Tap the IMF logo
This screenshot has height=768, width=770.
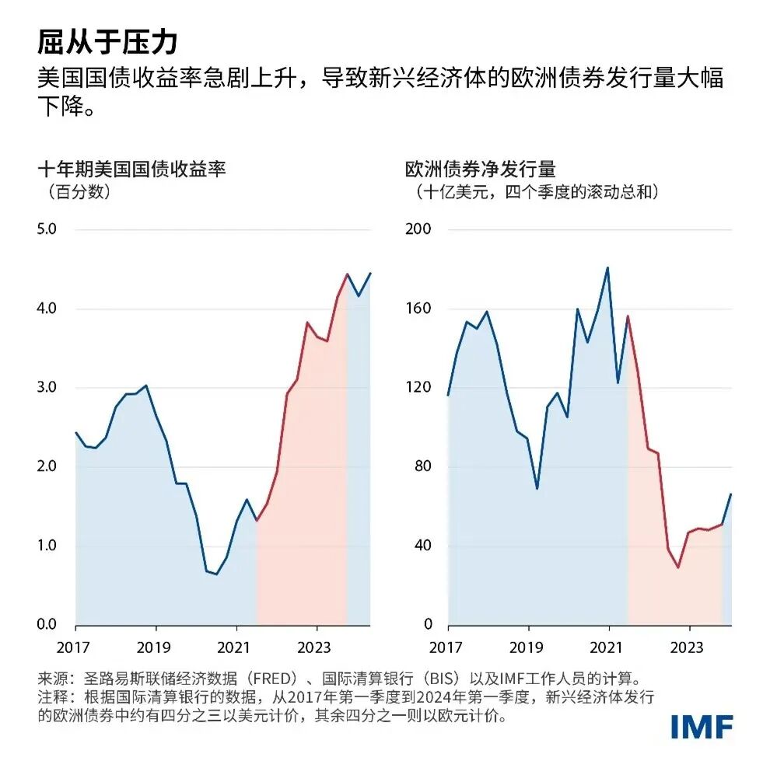(702, 725)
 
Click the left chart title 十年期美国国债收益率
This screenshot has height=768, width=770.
(131, 168)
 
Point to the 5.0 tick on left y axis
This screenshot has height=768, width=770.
(47, 229)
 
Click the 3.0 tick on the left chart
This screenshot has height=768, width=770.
(47, 387)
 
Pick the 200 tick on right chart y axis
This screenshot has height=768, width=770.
(418, 229)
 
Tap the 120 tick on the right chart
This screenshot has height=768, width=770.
(418, 387)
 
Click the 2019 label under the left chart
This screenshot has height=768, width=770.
(156, 647)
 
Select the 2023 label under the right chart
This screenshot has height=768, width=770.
(687, 647)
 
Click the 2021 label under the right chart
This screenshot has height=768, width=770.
(607, 647)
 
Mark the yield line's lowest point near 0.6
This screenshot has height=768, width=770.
(216, 574)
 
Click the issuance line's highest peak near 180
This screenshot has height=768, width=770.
(607, 268)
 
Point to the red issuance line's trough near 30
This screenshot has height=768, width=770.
(677, 567)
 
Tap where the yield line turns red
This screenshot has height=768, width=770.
(257, 521)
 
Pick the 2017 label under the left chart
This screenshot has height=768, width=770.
(75, 647)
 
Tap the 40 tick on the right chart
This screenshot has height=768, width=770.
(422, 546)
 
